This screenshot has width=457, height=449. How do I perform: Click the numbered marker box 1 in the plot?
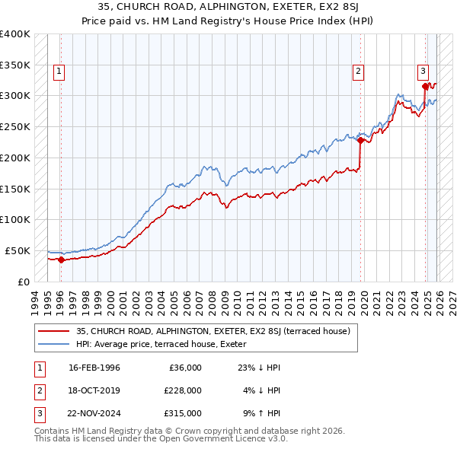(x=59, y=72)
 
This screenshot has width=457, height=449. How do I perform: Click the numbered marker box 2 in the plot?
(x=357, y=72)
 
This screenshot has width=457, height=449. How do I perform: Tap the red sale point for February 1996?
(x=61, y=260)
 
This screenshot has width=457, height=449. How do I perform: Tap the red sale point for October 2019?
(x=360, y=140)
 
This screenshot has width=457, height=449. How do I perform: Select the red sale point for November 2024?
(x=424, y=86)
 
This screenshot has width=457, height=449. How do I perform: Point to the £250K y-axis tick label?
(x=14, y=126)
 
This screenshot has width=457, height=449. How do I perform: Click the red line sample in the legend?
(x=55, y=331)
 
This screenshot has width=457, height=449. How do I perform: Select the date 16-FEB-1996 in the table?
(x=94, y=368)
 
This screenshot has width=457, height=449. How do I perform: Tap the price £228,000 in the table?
(x=183, y=390)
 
